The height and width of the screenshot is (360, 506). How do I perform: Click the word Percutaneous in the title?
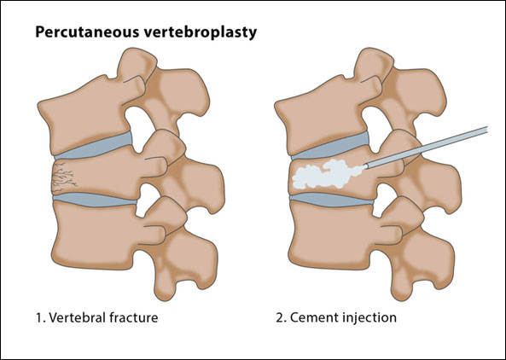tap(87, 32)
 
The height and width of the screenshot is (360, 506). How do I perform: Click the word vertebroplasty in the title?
tap(201, 32)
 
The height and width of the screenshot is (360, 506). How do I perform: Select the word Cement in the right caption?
tap(313, 317)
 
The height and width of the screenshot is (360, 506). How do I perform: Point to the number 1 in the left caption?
tap(39, 317)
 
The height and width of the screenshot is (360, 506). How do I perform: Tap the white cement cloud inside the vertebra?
tap(328, 174)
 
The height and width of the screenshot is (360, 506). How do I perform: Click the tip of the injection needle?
tap(366, 166)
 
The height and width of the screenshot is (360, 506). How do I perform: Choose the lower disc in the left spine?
tap(95, 200)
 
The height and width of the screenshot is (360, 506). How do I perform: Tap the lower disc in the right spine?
tap(331, 200)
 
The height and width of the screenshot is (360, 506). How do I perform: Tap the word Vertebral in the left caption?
tap(77, 317)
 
